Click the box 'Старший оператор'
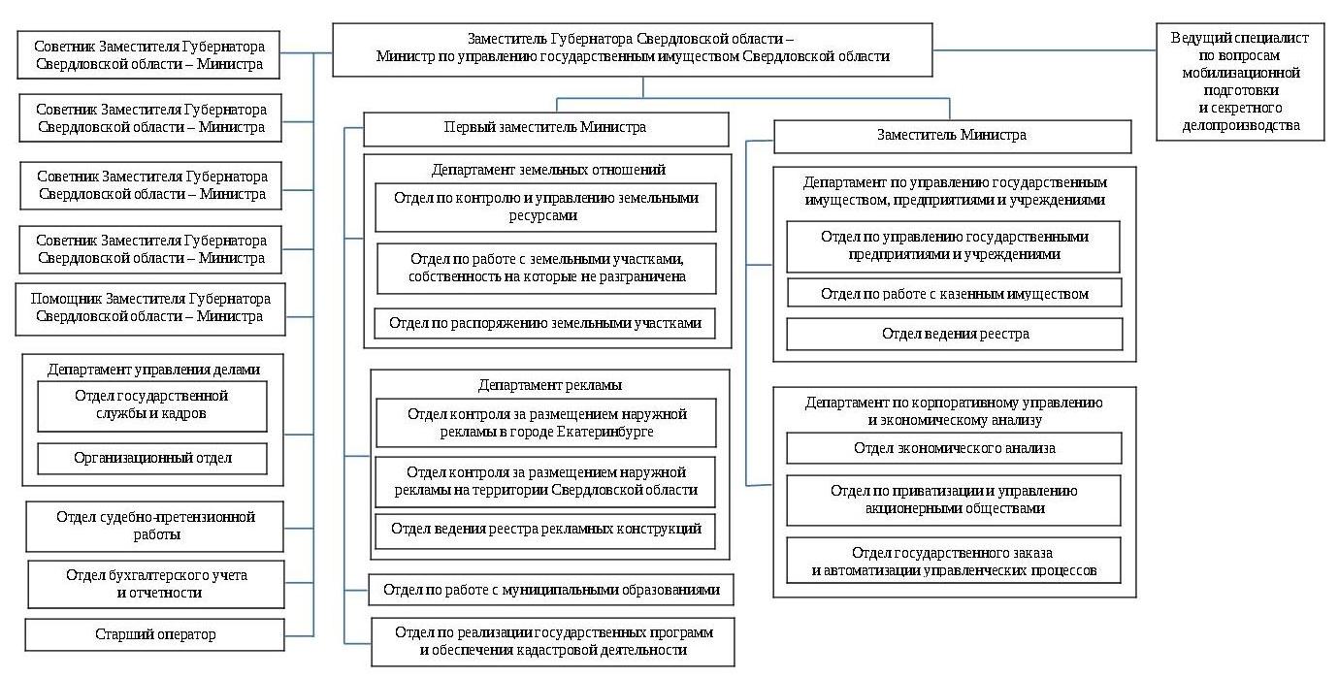(155, 635)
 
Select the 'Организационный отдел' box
(152, 458)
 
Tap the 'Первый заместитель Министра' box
(545, 128)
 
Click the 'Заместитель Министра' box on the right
(951, 136)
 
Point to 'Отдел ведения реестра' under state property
(954, 334)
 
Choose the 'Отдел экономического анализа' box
(954, 448)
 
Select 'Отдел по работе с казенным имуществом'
(954, 293)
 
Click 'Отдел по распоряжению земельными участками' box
(545, 323)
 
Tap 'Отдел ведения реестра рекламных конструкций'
(545, 530)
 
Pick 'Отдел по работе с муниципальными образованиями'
(551, 590)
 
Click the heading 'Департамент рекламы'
(550, 385)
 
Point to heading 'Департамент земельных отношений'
(548, 170)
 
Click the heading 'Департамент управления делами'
(153, 370)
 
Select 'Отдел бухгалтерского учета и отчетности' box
(156, 584)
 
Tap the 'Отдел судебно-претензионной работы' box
(155, 526)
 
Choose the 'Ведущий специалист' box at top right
(1239, 81)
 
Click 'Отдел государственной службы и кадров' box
(151, 405)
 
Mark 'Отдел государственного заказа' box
(954, 562)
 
